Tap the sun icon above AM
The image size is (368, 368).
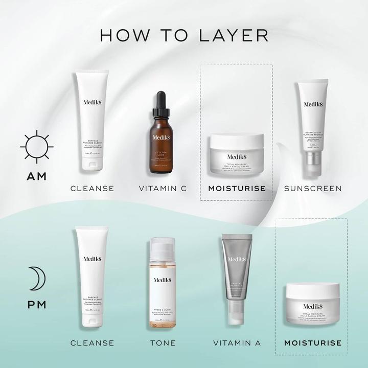tap(37, 147)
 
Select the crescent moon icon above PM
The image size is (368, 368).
tap(37, 278)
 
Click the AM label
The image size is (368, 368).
tap(37, 176)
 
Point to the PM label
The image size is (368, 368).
tap(37, 305)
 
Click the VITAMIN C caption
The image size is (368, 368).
tap(163, 189)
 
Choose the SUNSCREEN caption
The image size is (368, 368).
tap(313, 189)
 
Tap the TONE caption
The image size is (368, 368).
tap(162, 343)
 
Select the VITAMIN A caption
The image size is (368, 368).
tap(237, 343)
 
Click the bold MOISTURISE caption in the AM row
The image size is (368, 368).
tap(237, 189)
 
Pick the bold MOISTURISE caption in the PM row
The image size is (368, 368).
tap(312, 343)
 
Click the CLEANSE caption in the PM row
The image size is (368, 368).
tap(92, 343)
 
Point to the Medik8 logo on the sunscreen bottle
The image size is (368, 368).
tap(312, 104)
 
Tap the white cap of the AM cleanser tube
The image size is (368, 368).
tap(93, 164)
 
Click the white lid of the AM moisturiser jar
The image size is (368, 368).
tap(237, 141)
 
